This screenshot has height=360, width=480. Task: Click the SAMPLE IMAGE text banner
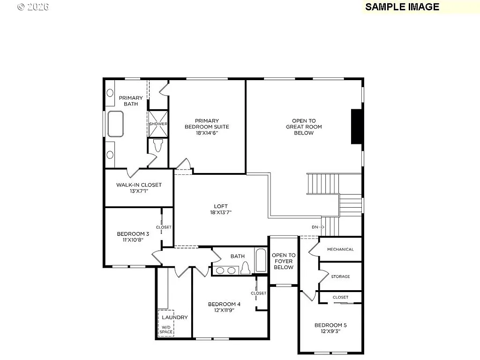pos(402,7)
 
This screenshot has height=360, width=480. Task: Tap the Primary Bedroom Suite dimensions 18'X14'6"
pos(207,133)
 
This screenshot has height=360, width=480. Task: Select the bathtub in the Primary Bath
pos(115,124)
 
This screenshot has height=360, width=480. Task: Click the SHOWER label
pos(158,124)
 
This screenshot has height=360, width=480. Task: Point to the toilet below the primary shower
pos(157,145)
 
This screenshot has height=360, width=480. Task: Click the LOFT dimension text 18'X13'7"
pos(221,212)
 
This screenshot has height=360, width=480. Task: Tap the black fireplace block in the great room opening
pos(357,127)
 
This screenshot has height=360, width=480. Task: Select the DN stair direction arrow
pos(318,227)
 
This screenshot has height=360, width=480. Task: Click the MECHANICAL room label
pos(340,249)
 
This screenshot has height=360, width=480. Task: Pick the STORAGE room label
pos(340,277)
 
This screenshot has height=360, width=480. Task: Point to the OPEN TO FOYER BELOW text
pos(283,261)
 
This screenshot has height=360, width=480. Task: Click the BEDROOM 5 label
pos(330,325)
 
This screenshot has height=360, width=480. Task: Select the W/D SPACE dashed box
pos(166,323)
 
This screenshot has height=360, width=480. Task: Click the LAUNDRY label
pos(174,317)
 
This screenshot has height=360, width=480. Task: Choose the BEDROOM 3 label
pos(133,234)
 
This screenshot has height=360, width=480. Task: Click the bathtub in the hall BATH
pos(261,260)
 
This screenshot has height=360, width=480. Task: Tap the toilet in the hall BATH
pos(245,268)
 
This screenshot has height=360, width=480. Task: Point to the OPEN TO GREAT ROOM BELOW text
pos(304,127)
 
